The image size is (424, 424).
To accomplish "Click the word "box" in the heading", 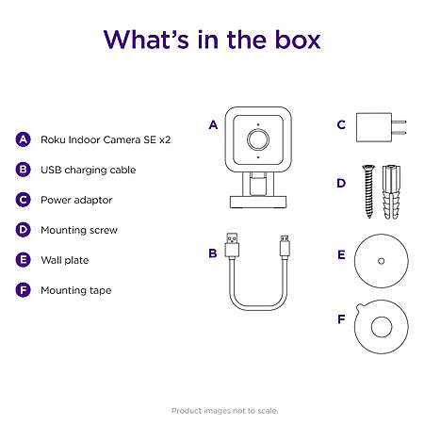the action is click(x=298, y=40).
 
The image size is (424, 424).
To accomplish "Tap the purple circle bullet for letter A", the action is click(x=24, y=139).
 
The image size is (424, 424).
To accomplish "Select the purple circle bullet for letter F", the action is click(x=24, y=290).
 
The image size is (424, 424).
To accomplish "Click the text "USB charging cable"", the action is click(x=89, y=170).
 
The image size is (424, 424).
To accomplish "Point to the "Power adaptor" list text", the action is click(x=76, y=200).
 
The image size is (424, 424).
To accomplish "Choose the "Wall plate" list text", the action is click(x=65, y=260).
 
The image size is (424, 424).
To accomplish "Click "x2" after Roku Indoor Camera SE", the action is click(x=165, y=139).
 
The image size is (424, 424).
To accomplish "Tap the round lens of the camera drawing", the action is click(x=258, y=139).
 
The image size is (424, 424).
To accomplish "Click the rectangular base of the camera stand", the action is click(x=258, y=202).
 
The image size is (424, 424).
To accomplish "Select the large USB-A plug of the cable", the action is click(x=232, y=245).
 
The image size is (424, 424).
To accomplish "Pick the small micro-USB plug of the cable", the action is click(x=285, y=247).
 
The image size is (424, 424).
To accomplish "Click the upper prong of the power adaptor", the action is click(x=399, y=122).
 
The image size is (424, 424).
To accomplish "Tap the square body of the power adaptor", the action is click(x=374, y=127).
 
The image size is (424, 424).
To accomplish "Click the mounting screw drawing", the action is click(x=368, y=191).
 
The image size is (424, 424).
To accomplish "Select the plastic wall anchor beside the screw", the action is click(x=391, y=192).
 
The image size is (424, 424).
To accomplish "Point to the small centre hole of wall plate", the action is click(x=382, y=261).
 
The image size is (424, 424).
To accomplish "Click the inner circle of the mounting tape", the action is click(x=382, y=327).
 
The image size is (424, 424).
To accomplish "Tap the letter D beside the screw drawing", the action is click(x=341, y=183).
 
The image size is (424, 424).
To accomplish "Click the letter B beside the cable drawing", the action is click(x=213, y=253).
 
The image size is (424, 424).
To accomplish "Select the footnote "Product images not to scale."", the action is click(x=224, y=411).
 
